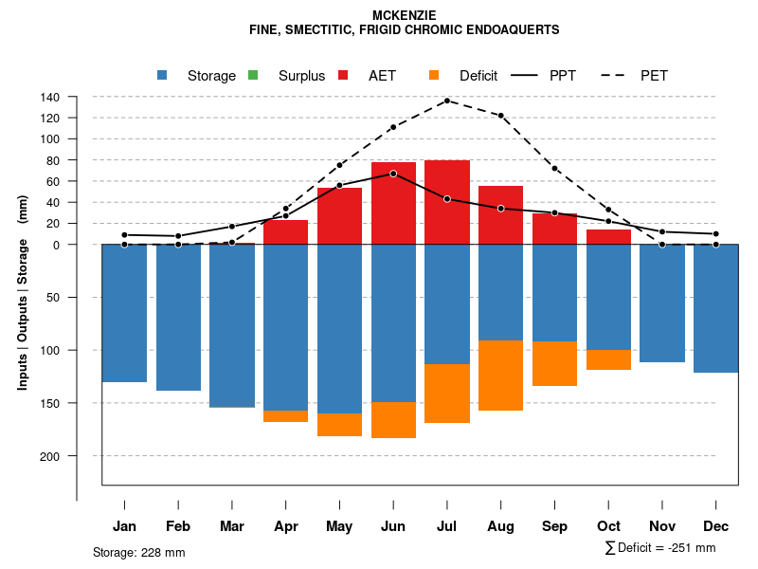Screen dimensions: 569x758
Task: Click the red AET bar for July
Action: pyautogui.click(x=447, y=202)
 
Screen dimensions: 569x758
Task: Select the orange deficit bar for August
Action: pyautogui.click(x=501, y=376)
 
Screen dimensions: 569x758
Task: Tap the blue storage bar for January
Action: pyautogui.click(x=124, y=313)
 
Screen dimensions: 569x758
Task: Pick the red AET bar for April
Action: pyautogui.click(x=285, y=232)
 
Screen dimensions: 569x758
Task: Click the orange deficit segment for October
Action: pyautogui.click(x=608, y=359)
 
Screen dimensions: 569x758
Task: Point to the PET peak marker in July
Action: pyautogui.click(x=447, y=101)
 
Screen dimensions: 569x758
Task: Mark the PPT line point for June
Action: pyautogui.click(x=393, y=174)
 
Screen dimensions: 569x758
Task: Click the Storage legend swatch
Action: pyautogui.click(x=162, y=76)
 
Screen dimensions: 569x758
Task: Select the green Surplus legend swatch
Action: pyautogui.click(x=253, y=76)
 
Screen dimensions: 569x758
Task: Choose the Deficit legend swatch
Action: pyautogui.click(x=434, y=76)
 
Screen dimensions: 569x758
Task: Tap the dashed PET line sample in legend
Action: pyautogui.click(x=615, y=76)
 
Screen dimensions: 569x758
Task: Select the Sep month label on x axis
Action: pyautogui.click(x=555, y=526)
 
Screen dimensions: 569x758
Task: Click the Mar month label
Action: pyautogui.click(x=232, y=526)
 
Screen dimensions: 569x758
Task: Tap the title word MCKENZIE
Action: pyautogui.click(x=404, y=15)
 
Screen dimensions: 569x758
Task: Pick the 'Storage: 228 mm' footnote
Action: pyautogui.click(x=139, y=552)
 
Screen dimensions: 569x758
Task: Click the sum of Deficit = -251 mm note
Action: pyautogui.click(x=660, y=548)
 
